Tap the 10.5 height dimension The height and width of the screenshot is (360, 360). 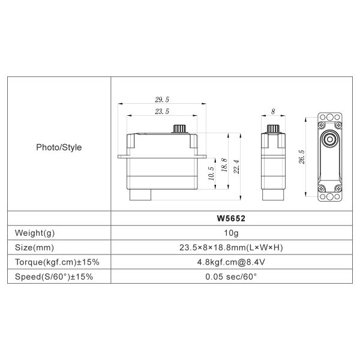tap(211, 173)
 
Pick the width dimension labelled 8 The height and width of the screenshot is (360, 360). tap(273, 112)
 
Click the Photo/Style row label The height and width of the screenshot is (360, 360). tap(59, 147)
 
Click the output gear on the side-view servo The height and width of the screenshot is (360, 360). tap(179, 128)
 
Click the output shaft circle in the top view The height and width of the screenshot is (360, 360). tap(329, 138)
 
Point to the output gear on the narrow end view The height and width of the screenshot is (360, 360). tap(273, 128)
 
